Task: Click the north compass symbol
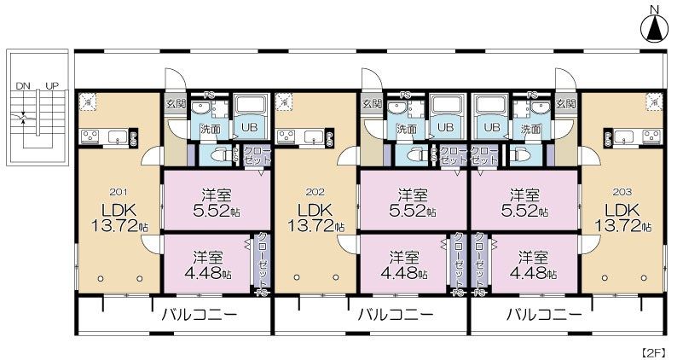click(653, 27)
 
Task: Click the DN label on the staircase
click(23, 86)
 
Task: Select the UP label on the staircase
click(52, 86)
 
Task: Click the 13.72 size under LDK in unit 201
click(119, 226)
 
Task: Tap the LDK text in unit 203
click(622, 210)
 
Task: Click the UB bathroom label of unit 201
click(250, 127)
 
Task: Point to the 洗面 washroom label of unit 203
click(530, 129)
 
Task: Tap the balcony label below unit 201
click(199, 313)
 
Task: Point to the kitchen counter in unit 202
click(300, 136)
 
